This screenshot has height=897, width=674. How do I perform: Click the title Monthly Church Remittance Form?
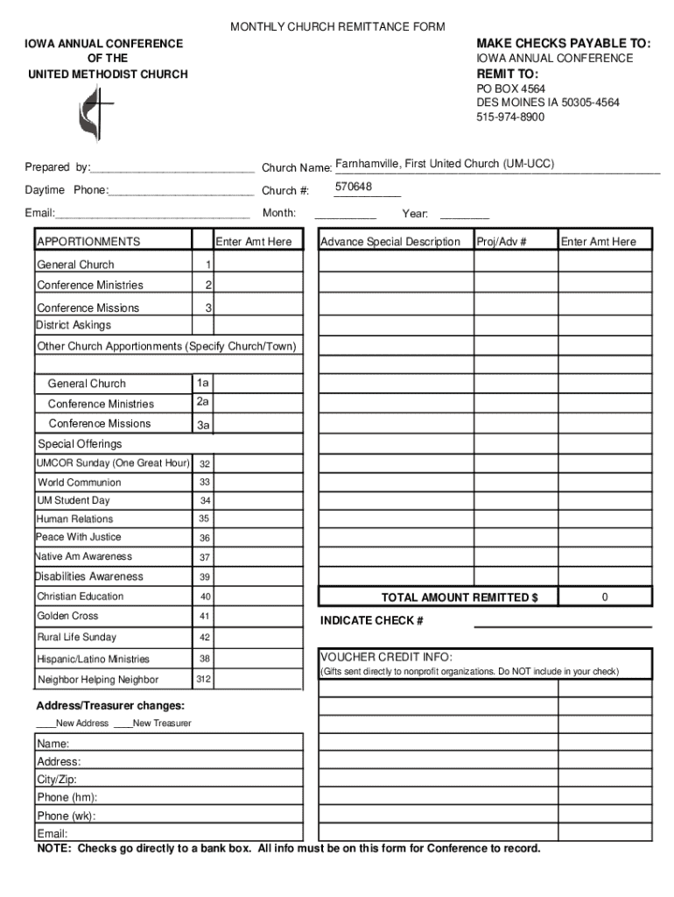[x=337, y=27]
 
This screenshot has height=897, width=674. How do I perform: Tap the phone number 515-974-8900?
[x=510, y=117]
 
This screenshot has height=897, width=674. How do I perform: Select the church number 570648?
[x=353, y=187]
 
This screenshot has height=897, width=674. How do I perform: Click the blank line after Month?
[x=345, y=215]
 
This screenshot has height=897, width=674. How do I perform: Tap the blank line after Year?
[x=464, y=215]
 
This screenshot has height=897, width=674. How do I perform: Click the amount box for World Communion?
[x=259, y=482]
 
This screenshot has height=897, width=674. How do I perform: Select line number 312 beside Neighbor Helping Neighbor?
[x=203, y=680]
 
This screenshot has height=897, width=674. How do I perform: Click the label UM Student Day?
[x=74, y=501]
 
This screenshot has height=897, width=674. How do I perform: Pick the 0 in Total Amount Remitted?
[x=605, y=597]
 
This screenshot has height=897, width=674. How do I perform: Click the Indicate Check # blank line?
[x=563, y=625]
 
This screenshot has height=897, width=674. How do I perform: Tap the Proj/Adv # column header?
[x=502, y=242]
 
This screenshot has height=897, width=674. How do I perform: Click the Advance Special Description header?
[x=390, y=242]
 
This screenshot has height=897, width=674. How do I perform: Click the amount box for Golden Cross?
[x=259, y=617]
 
